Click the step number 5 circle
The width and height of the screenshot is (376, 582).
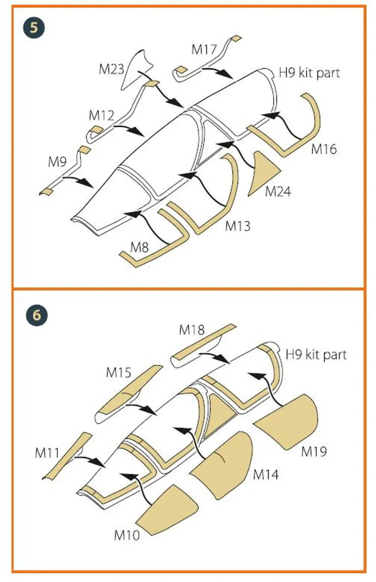click(34, 28)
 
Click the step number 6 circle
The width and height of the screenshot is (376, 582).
click(37, 315)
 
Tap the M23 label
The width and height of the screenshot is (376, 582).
click(111, 69)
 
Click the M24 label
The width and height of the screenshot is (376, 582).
click(277, 191)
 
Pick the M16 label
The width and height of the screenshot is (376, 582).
click(324, 149)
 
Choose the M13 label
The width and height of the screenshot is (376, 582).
click(237, 226)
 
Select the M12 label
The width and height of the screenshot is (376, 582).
click(101, 115)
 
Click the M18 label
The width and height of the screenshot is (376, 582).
click(192, 330)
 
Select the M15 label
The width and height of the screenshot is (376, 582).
click(119, 372)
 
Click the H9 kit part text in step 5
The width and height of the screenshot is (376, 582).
click(309, 73)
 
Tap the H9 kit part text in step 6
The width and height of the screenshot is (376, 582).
click(316, 354)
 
